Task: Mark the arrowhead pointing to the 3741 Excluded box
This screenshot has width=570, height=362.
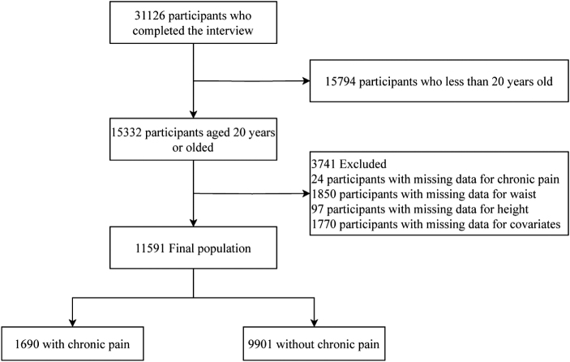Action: [306, 195]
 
